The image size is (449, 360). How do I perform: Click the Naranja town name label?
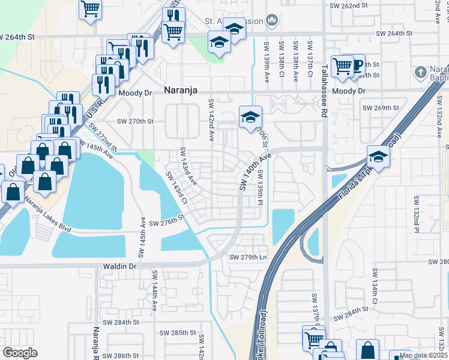[x=181, y=91]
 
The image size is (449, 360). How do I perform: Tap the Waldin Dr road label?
[x=119, y=266]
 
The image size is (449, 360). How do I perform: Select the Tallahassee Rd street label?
[x=324, y=83]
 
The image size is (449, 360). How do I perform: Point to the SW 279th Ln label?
[x=247, y=257]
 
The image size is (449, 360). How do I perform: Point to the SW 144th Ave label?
[x=154, y=290]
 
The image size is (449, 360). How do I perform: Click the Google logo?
[x=20, y=353]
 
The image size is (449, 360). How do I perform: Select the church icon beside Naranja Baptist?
[x=421, y=73]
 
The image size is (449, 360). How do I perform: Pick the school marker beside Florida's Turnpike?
[x=379, y=157]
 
